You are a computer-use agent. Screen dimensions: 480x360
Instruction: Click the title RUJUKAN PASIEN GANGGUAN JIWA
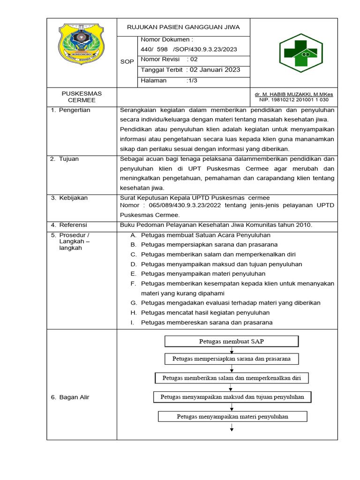pos(183,27)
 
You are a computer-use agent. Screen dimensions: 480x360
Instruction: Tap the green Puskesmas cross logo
pos(298,53)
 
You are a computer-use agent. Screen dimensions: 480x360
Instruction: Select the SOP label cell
pos(127,61)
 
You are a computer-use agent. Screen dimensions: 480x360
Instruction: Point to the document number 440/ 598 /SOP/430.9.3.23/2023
pos(189,50)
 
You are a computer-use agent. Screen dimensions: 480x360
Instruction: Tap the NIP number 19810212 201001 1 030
pos(303,100)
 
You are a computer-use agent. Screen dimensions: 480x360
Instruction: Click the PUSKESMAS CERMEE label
pos(82,97)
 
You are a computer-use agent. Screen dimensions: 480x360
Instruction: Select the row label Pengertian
pos(74,110)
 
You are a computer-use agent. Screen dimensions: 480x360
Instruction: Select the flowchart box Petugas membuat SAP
pos(231,341)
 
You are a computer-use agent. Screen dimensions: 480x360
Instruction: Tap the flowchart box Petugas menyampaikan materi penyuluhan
pos(232,416)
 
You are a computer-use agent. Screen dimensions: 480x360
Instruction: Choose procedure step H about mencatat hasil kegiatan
pos(205,313)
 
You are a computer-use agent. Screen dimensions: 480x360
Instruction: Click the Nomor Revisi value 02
pos(194,60)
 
